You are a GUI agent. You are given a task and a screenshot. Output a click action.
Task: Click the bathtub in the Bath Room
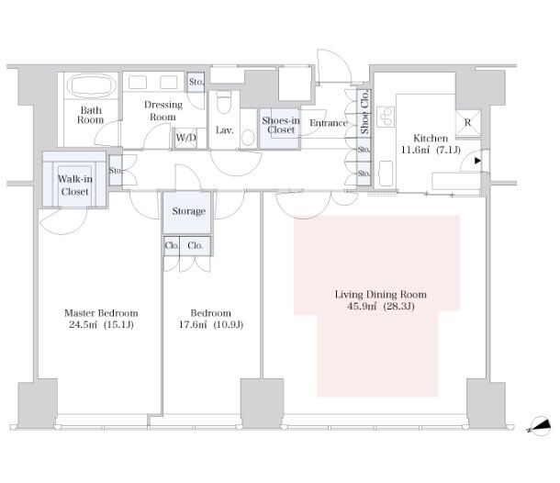click(x=92, y=85)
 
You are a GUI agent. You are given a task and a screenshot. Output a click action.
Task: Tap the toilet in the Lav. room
click(x=224, y=102)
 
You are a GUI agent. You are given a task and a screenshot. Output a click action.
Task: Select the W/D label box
click(x=185, y=138)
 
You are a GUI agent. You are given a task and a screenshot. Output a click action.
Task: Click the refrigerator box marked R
click(x=468, y=123)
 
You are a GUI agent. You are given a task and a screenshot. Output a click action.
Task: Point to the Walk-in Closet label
click(x=75, y=185)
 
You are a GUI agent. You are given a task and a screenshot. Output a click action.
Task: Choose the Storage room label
click(x=188, y=211)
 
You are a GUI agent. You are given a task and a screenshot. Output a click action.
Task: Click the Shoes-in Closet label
click(x=281, y=125)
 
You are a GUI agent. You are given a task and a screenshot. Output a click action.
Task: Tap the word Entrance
click(x=329, y=123)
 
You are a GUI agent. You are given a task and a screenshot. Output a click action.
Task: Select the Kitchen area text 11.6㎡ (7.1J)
click(x=431, y=150)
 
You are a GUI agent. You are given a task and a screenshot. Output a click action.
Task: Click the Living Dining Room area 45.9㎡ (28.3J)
click(x=381, y=307)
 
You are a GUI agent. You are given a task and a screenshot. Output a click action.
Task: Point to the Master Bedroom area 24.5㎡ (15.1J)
click(x=101, y=325)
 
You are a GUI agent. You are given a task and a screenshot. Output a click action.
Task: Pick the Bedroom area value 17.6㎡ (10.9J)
click(x=211, y=325)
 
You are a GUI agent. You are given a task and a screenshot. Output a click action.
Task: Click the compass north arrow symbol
click(x=539, y=426)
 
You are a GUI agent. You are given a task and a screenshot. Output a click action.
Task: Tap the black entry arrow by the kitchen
click(x=477, y=161)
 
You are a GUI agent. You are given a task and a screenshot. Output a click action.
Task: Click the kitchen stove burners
click(x=386, y=117)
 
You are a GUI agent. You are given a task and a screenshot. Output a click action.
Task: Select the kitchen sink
click(x=386, y=174)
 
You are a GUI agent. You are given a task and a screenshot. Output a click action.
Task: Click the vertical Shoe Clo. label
click(x=364, y=112)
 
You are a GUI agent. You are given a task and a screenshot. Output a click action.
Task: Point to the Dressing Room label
click(x=163, y=111)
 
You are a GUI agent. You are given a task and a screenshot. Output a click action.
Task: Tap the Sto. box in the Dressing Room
click(x=196, y=82)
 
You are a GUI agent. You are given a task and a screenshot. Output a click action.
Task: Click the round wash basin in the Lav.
click(x=248, y=137)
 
